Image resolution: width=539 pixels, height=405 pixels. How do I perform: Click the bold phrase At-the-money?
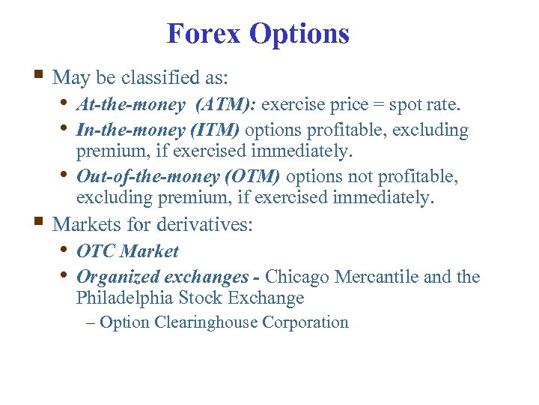click(x=130, y=105)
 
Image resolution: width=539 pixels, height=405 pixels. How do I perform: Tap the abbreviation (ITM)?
click(x=215, y=130)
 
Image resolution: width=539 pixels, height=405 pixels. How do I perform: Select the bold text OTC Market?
click(x=127, y=251)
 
